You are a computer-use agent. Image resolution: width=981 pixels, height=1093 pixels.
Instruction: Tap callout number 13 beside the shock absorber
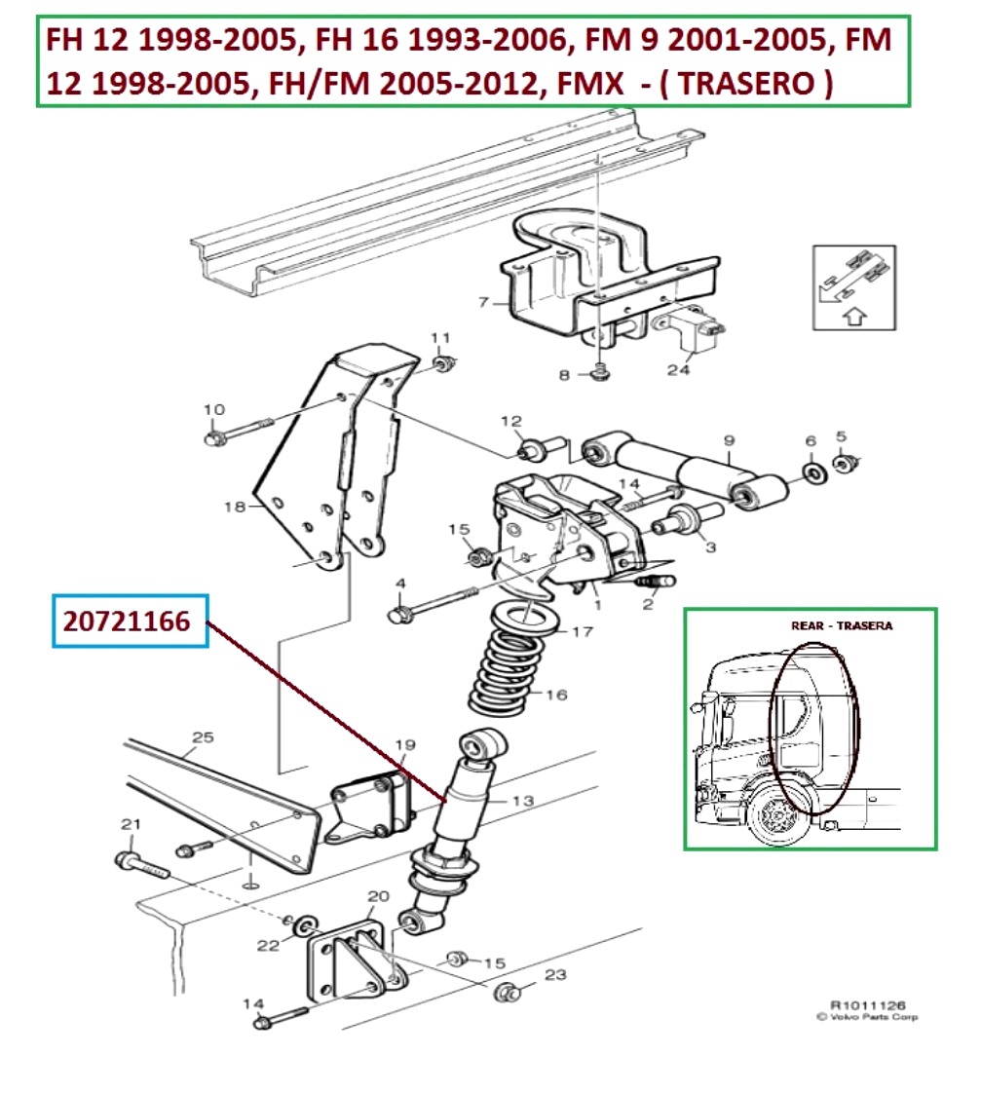523,801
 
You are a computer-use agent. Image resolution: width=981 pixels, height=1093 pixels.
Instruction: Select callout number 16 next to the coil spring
556,696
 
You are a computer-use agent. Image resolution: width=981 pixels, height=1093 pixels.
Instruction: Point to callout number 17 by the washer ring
582,632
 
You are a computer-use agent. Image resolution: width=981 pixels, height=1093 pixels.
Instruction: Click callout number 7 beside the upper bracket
483,302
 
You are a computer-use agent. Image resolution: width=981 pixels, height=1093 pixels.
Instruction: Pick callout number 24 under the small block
679,370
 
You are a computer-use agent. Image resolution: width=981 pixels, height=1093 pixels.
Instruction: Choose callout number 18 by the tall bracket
233,507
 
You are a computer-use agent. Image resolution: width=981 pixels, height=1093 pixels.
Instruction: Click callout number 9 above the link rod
729,440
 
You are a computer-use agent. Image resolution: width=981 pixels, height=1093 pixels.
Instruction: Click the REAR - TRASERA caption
841,625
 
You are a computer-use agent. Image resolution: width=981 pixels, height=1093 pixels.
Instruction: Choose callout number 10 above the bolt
213,409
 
